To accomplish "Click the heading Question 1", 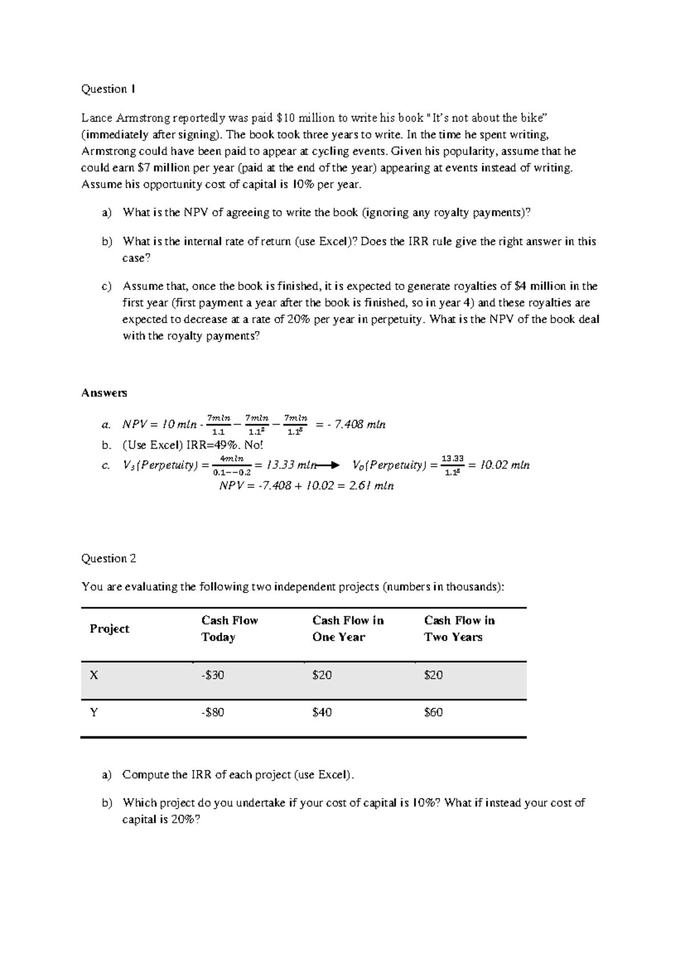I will point(108,89).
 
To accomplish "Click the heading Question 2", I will point(108,559).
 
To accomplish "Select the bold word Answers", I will point(104,393).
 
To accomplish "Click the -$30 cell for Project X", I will point(212,675).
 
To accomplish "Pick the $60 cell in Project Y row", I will point(433,712).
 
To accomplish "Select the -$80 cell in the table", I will point(212,712).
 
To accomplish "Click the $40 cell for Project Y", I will point(322,712).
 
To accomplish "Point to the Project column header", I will point(109,629).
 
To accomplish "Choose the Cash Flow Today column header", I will point(229,629).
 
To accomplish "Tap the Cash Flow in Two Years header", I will point(459,629).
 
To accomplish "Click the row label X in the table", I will point(94,675).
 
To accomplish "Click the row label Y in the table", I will point(94,712).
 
